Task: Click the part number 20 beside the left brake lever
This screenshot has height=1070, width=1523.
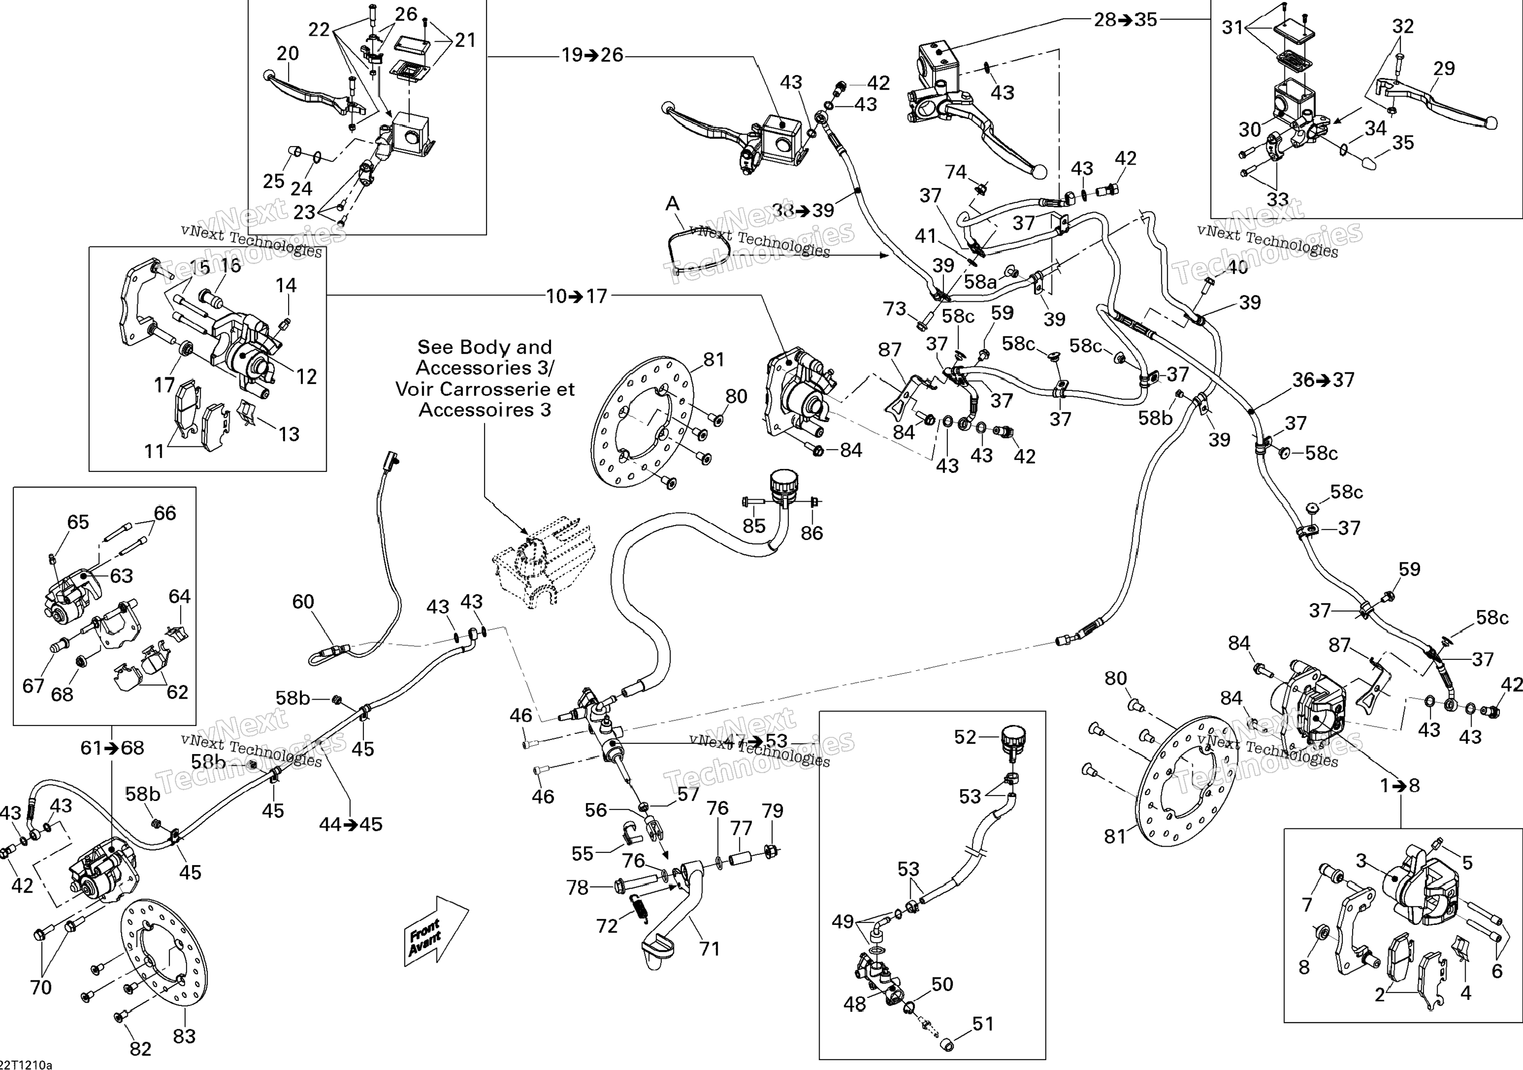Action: click(x=287, y=53)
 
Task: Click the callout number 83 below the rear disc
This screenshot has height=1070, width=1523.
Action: click(x=184, y=1036)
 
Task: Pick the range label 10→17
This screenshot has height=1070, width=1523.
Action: click(x=577, y=296)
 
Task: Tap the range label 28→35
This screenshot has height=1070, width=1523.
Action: click(x=1125, y=20)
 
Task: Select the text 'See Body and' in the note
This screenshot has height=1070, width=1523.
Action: click(x=484, y=347)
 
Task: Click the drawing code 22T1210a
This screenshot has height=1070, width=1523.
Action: click(x=25, y=1065)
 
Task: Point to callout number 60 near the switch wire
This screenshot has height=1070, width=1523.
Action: click(x=303, y=601)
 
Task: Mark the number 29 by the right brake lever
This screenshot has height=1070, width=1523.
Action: click(x=1444, y=68)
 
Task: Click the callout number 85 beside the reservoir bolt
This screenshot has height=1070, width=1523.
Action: click(x=753, y=525)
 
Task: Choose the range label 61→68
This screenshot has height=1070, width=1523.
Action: click(x=112, y=748)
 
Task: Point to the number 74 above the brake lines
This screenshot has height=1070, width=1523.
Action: click(x=955, y=172)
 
